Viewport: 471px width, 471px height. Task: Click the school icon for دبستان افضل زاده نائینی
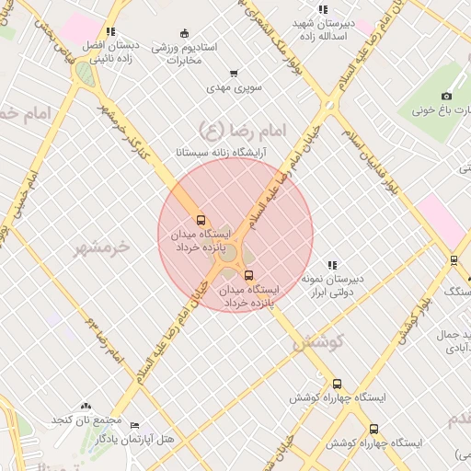click(110, 31)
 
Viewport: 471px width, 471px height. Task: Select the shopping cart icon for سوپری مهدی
click(234, 74)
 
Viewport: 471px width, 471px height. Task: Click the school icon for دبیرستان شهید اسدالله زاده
click(322, 9)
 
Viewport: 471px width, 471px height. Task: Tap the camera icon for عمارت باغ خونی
click(447, 96)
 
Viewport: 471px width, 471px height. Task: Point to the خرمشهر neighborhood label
click(102, 247)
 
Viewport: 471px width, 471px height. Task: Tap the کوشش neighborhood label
click(317, 343)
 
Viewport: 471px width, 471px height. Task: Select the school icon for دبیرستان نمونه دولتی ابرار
click(332, 265)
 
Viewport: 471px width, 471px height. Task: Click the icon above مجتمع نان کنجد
click(86, 406)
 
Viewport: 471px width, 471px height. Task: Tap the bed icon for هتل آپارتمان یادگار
click(134, 425)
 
